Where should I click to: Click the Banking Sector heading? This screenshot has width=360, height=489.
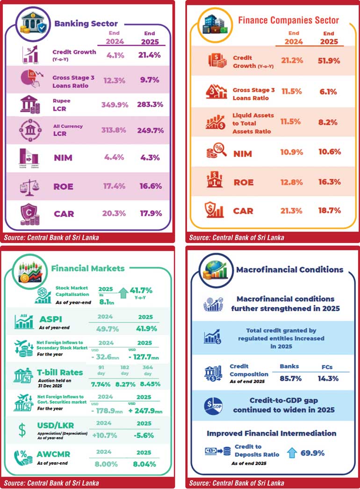[x=86, y=23]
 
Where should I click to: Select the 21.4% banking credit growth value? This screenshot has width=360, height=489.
[x=151, y=55]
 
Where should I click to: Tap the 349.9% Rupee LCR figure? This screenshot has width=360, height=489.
[x=115, y=105]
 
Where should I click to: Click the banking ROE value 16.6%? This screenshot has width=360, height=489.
[x=151, y=186]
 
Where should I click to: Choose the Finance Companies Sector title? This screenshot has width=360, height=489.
[x=288, y=20]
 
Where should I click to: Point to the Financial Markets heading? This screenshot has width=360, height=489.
[x=88, y=268]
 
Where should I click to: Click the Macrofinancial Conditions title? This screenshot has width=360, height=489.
[x=290, y=270]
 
